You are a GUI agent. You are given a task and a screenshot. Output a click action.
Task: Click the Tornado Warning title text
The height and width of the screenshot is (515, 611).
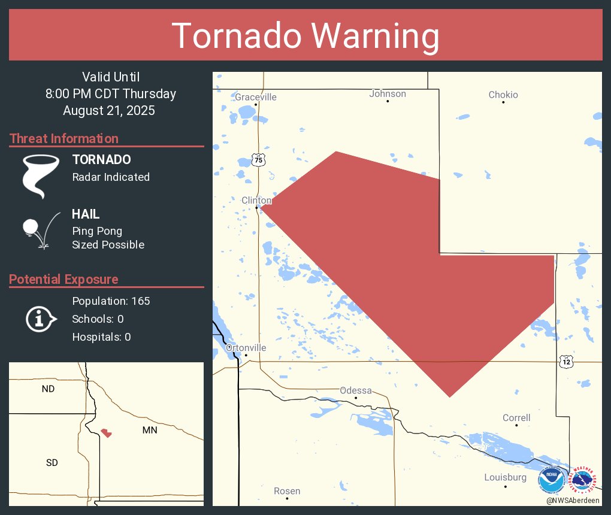tap(305, 36)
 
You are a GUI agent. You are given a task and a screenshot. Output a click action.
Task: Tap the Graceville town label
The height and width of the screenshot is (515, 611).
tap(256, 97)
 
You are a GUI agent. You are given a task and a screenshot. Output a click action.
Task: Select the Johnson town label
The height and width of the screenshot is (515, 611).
tap(388, 93)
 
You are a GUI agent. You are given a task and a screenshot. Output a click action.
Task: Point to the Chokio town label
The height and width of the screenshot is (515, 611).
tap(503, 95)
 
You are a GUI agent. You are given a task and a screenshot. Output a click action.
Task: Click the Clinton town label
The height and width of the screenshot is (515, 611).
tap(256, 200)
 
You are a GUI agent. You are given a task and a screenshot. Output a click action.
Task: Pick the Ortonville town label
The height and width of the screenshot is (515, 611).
tap(246, 347)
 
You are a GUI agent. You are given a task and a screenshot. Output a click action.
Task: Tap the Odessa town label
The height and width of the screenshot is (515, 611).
tap(356, 390)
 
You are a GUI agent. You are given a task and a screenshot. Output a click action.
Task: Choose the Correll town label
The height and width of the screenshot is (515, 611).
tap(516, 417)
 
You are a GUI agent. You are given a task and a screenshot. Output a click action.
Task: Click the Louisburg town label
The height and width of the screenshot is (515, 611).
tap(505, 477)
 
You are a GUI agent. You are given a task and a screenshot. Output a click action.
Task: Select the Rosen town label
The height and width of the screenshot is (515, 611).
tap(287, 491)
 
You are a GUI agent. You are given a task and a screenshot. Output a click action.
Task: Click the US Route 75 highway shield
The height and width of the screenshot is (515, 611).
tap(258, 159)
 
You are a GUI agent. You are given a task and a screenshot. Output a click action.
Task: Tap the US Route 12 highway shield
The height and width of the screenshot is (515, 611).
tap(567, 362)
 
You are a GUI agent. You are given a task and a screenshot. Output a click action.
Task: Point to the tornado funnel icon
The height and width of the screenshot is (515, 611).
tap(41, 175)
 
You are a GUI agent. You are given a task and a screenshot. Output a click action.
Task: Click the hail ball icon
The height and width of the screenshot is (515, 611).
tap(30, 227)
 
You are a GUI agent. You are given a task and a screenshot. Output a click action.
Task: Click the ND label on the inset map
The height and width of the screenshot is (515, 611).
tap(48, 389)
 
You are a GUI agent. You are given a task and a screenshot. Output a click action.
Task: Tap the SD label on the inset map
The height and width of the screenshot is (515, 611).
tap(52, 462)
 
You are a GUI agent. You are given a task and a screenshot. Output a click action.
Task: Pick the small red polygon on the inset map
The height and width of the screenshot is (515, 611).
tap(107, 432)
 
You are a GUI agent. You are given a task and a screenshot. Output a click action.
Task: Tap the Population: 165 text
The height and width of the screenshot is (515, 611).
tap(111, 301)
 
